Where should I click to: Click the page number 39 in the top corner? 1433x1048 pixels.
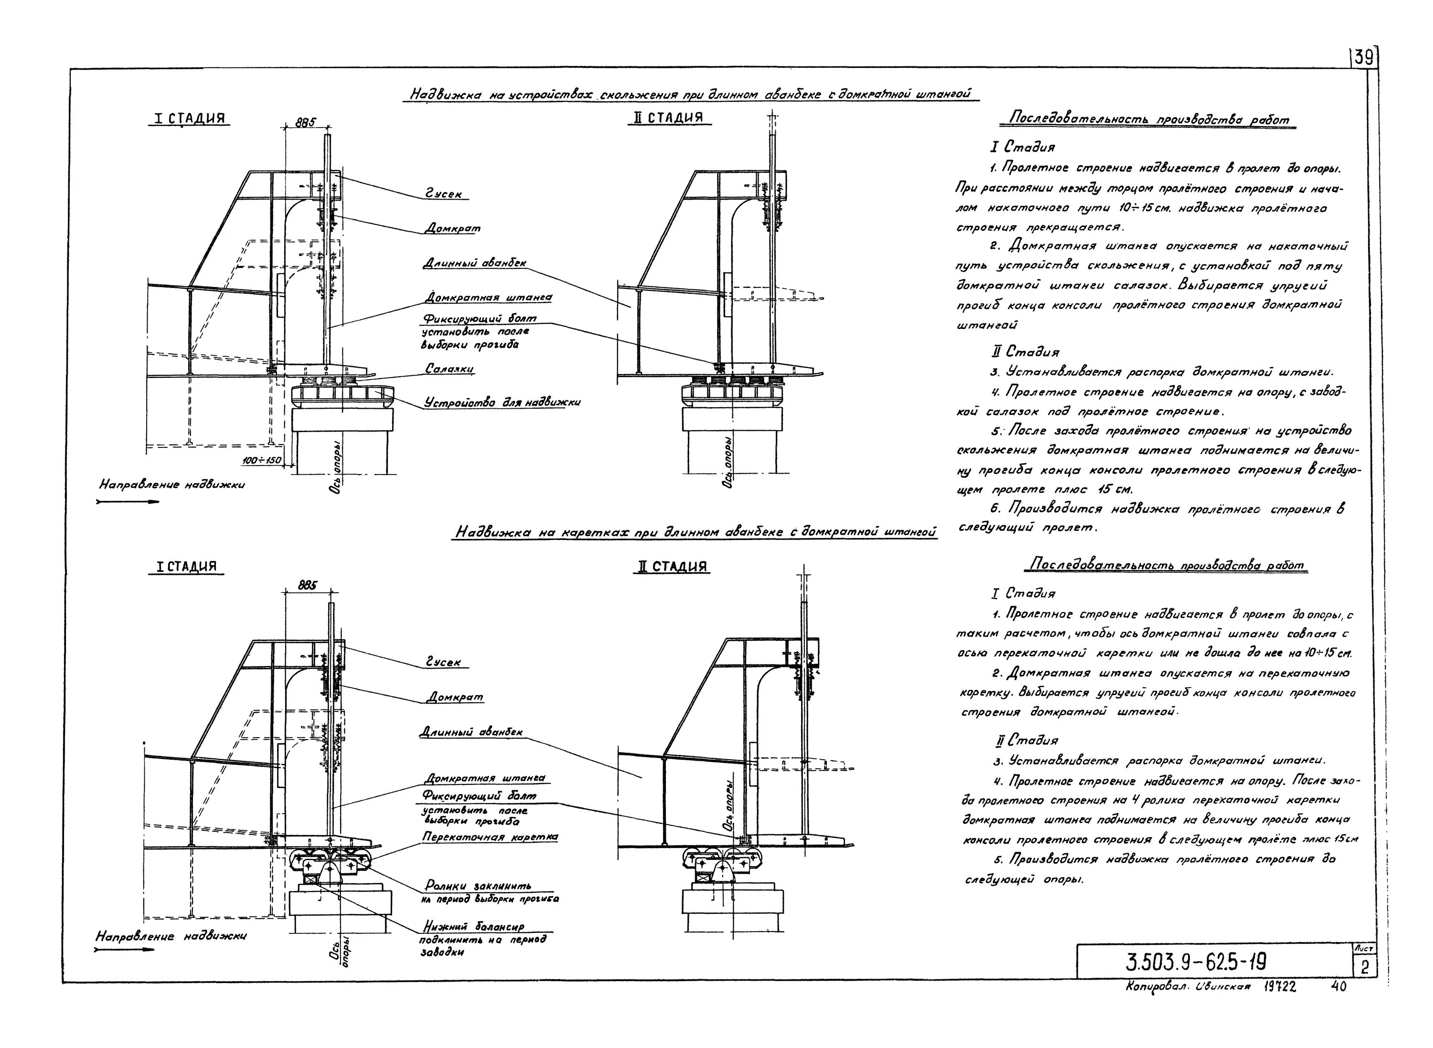pyautogui.click(x=1363, y=58)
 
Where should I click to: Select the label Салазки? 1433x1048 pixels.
pyautogui.click(x=449, y=369)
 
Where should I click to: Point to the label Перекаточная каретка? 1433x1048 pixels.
pyautogui.click(x=490, y=837)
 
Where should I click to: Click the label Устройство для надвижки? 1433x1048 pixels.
pyautogui.click(x=502, y=402)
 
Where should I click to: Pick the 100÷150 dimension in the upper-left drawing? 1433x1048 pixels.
pyautogui.click(x=262, y=459)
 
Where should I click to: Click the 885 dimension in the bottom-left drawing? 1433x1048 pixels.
pyautogui.click(x=308, y=586)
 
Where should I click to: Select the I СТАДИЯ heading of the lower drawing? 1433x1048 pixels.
pyautogui.click(x=187, y=567)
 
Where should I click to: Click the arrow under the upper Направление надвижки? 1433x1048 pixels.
pyautogui.click(x=127, y=502)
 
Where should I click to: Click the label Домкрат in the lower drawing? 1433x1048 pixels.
pyautogui.click(x=454, y=697)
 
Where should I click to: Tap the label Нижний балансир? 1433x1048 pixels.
pyautogui.click(x=473, y=927)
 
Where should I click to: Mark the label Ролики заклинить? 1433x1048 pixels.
pyautogui.click(x=478, y=885)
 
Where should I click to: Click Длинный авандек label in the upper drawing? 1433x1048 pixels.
pyautogui.click(x=475, y=262)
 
